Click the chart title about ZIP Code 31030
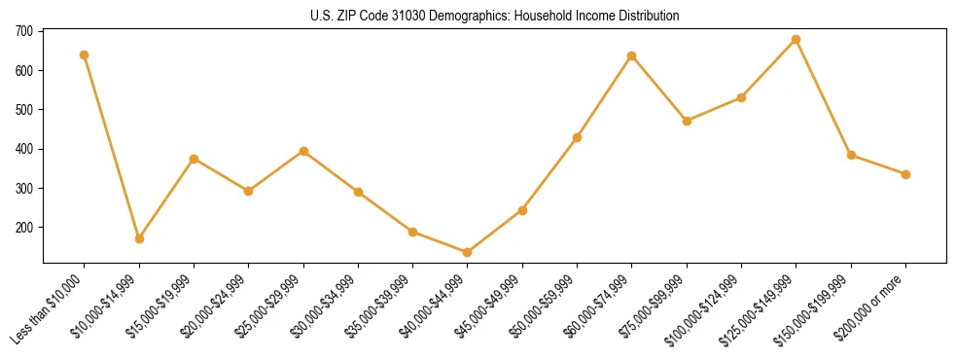495,17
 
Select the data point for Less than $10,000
85,54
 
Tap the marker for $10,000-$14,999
139,238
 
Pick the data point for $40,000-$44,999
468,252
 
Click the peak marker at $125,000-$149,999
797,39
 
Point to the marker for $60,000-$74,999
632,55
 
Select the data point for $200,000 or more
905,174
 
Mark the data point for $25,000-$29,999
303,151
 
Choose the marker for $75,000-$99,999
687,121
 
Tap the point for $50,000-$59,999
578,137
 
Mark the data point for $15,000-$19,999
194,159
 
